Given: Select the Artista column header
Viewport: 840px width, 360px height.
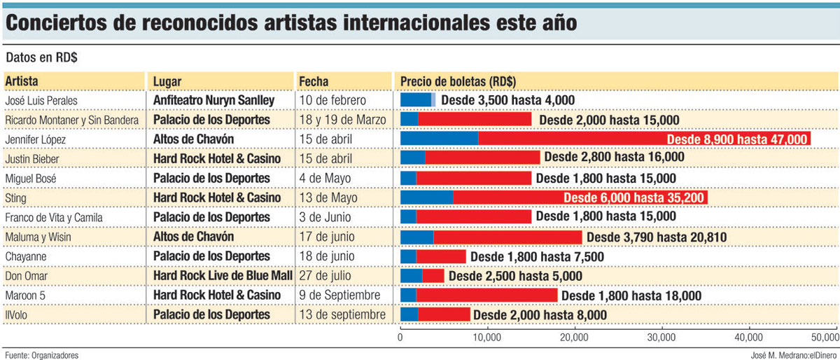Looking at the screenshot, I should [22, 81].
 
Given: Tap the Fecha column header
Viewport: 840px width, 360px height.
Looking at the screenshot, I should [314, 81].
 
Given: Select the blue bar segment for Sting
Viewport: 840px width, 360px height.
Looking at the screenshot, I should [426, 198].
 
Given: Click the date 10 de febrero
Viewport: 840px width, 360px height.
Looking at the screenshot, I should [333, 101].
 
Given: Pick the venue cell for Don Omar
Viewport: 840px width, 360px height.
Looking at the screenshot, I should [223, 276].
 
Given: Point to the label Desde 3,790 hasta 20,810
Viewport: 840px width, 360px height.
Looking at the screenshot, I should [656, 237].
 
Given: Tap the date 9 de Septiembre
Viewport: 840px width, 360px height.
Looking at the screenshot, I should [340, 296].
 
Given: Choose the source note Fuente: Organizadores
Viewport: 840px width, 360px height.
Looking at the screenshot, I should [41, 354].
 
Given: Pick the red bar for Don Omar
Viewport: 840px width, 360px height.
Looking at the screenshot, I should [433, 276].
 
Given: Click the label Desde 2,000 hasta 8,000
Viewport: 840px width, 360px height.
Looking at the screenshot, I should [540, 315].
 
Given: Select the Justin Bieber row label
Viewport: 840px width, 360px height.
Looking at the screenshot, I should [32, 159].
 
